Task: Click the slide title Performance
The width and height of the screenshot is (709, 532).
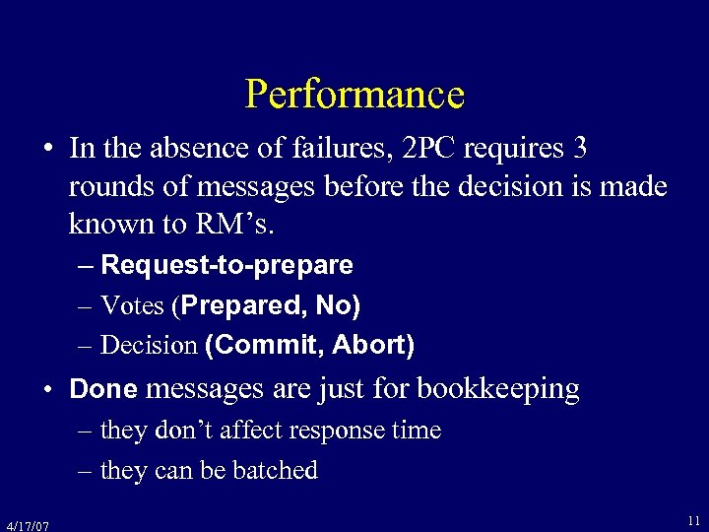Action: pyautogui.click(x=354, y=95)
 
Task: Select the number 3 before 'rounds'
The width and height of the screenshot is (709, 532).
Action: pyautogui.click(x=580, y=149)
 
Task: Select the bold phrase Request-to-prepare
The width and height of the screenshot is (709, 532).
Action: pyautogui.click(x=226, y=265)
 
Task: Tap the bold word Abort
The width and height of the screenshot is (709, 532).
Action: pyautogui.click(x=371, y=346)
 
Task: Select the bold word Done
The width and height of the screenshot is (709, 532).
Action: pyautogui.click(x=103, y=389)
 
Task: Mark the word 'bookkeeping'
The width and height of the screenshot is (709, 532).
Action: pyautogui.click(x=498, y=389)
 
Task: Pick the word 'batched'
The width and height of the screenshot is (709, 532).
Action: pyautogui.click(x=277, y=471)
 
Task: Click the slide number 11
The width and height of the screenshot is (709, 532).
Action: pyautogui.click(x=694, y=520)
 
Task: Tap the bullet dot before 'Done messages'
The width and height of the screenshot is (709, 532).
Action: pyautogui.click(x=47, y=390)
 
